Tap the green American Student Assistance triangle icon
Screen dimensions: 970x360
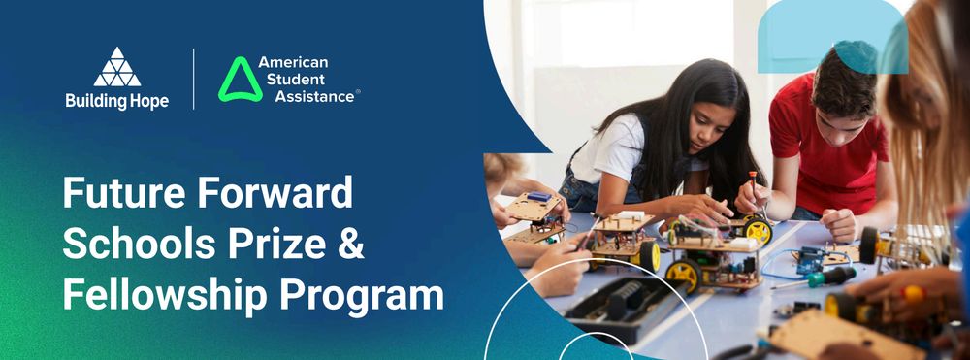click(240, 80)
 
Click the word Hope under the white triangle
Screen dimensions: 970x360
click(148, 101)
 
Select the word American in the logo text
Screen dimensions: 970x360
click(293, 62)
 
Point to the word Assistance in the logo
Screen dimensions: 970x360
click(315, 96)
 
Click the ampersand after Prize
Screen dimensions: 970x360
click(352, 244)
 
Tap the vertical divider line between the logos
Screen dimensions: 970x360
click(194, 80)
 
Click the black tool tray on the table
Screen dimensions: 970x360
click(625, 307)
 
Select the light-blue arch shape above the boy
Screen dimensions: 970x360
click(832, 36)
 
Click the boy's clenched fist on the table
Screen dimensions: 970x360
click(839, 225)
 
